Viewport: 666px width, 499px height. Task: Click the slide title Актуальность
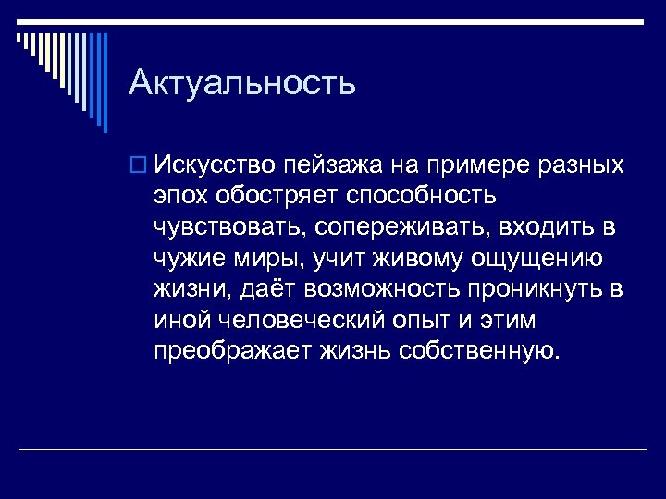click(x=242, y=83)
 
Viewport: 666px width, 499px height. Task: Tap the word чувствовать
click(x=233, y=228)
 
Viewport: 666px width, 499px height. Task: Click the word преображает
click(x=234, y=352)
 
